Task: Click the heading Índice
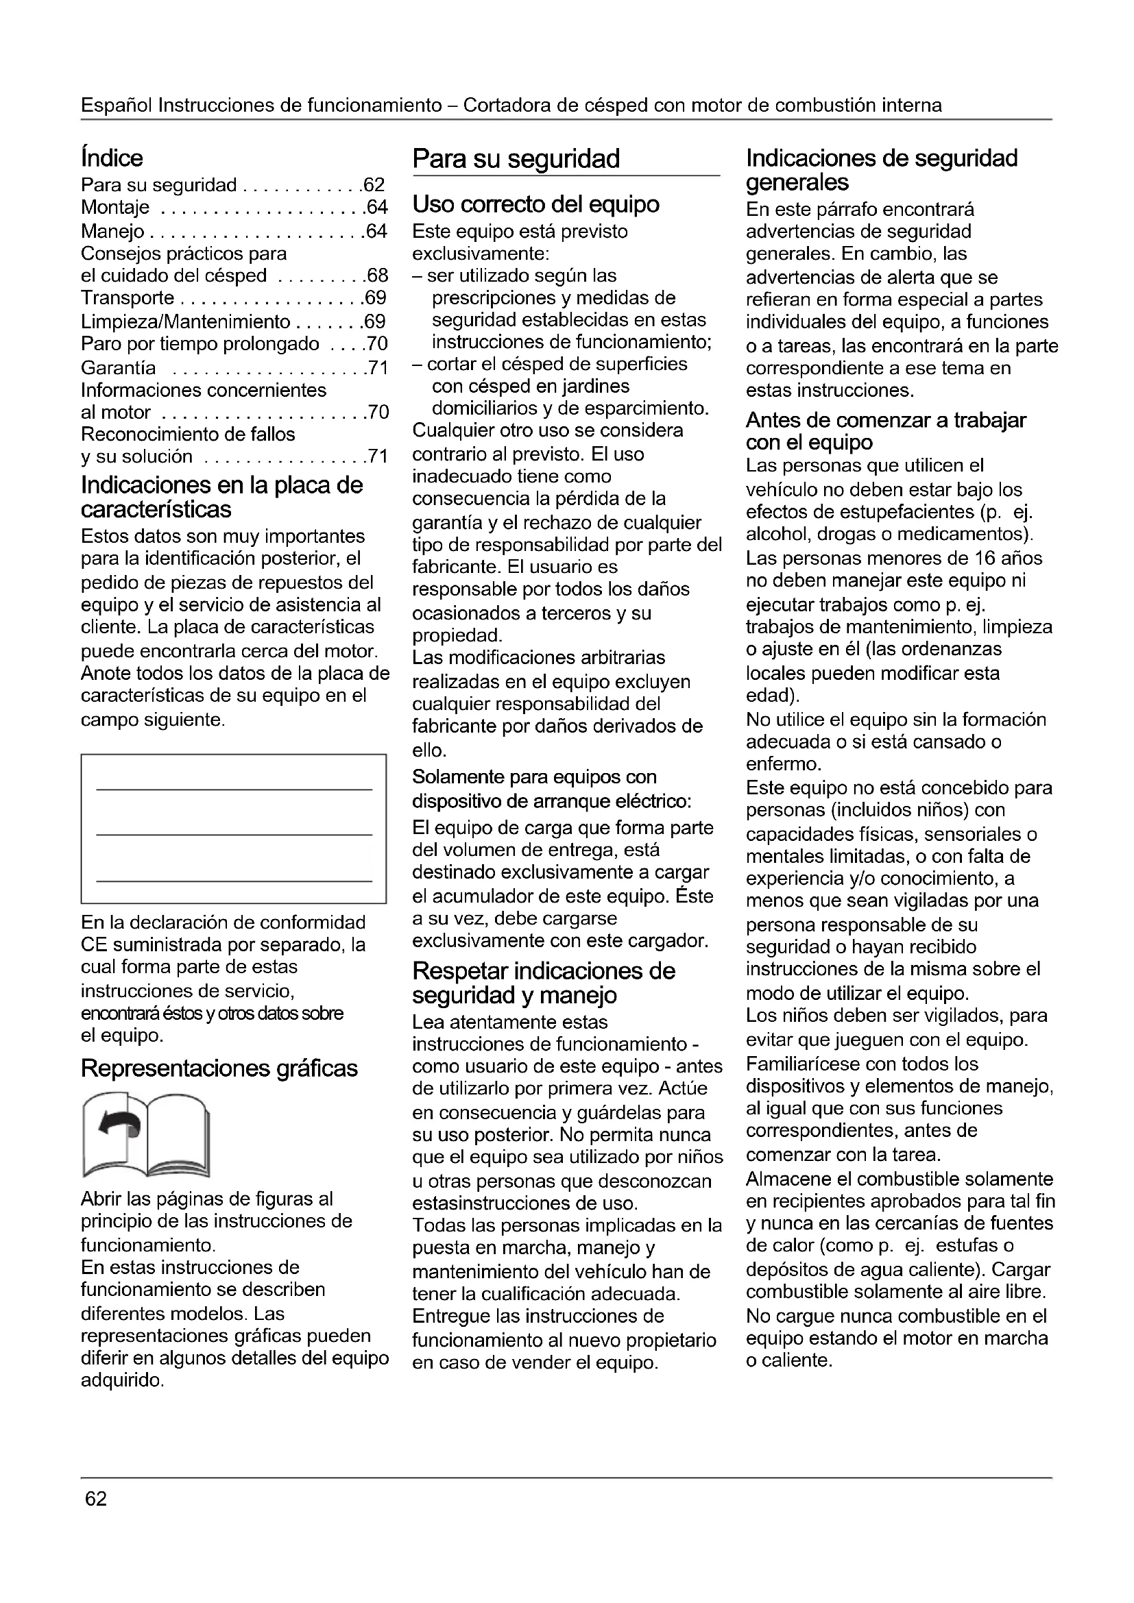point(112,158)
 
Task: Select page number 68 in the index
point(377,276)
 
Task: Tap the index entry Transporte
point(127,298)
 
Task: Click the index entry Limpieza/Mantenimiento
point(185,322)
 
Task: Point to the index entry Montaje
point(115,208)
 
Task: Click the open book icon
point(145,1134)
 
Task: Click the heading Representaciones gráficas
point(219,1068)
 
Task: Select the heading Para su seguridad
point(516,159)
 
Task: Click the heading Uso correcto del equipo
point(535,204)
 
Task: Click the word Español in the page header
point(117,106)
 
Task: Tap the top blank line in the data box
point(234,790)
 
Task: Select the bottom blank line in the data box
point(234,882)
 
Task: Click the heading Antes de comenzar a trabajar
point(885,421)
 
